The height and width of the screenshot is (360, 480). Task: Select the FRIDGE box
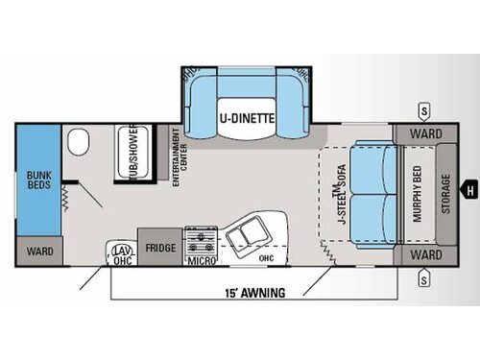(x=159, y=247)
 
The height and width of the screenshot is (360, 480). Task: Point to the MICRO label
(x=200, y=259)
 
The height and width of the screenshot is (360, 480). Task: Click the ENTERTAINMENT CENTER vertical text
(x=177, y=157)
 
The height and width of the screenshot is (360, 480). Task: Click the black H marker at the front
(x=469, y=188)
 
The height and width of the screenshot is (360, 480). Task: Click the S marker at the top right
(x=422, y=108)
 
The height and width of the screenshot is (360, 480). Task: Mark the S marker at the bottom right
(x=422, y=279)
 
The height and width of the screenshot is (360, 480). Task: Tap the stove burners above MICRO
(x=200, y=236)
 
